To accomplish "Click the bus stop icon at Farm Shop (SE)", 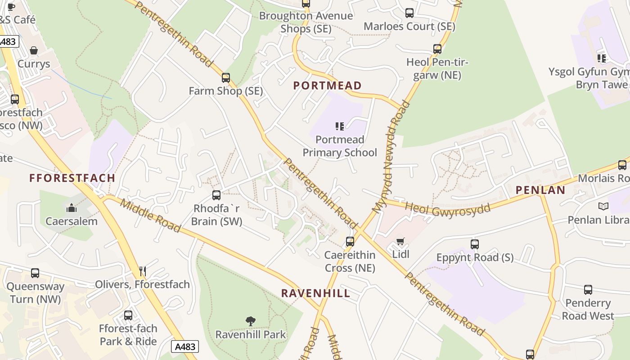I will [x=226, y=78].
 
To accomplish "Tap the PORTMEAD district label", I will [x=327, y=85].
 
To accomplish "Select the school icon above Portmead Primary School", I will [x=340, y=126].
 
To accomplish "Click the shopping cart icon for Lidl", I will [x=400, y=241].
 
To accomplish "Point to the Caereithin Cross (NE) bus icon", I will [x=350, y=242].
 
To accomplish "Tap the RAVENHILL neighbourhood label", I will [x=315, y=293].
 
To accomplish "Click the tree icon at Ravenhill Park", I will [x=251, y=321].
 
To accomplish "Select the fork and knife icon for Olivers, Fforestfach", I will [x=143, y=271].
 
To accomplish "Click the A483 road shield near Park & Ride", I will [x=185, y=346].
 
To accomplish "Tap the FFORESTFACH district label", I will [x=72, y=178].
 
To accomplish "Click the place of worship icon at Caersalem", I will [x=72, y=208].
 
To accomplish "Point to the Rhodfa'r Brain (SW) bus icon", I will [x=216, y=195].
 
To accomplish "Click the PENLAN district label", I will [x=540, y=190].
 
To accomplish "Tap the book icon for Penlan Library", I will [x=603, y=207].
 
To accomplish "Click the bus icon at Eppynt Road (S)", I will [x=475, y=244].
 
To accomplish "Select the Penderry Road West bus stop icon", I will [x=588, y=290].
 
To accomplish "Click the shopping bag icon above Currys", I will [x=34, y=50].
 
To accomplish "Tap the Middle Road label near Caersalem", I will [x=151, y=216].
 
